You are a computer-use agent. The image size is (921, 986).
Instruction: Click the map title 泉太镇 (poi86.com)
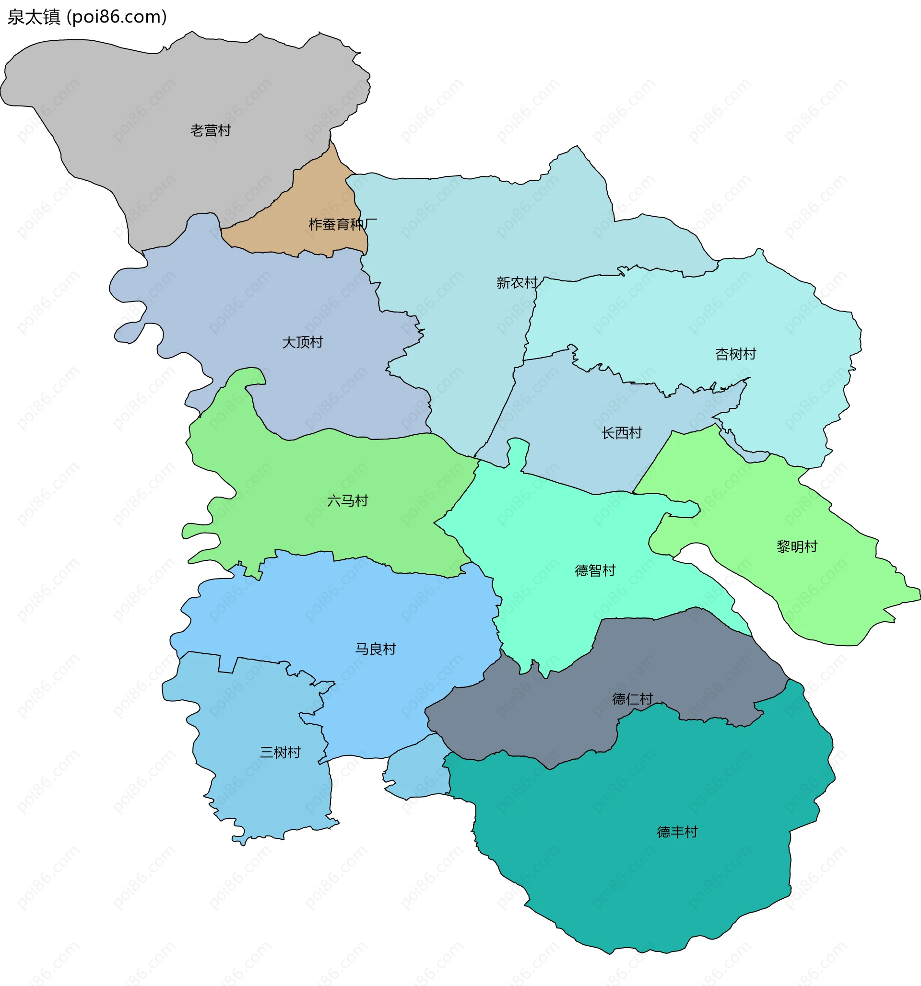pos(87,17)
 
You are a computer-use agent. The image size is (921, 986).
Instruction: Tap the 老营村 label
pos(211,130)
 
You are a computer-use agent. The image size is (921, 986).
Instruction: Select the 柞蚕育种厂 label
pos(342,225)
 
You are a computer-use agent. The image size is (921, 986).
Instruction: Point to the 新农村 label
pos(517,283)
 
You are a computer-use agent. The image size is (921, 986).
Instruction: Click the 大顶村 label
pos(302,342)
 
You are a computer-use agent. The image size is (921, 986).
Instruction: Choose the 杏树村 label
pos(735,354)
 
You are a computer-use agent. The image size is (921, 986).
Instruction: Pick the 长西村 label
pos(621,433)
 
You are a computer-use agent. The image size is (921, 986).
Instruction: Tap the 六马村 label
pos(347,501)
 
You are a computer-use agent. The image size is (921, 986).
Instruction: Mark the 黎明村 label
pos(796,546)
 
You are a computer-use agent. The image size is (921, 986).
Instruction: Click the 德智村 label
pos(594,570)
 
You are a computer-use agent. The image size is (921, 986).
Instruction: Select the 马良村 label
pos(375,649)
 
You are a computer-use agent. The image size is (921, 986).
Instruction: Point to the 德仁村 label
pos(632,699)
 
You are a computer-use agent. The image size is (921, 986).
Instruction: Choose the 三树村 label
pos(280,753)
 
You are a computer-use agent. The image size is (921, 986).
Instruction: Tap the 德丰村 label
pos(677,832)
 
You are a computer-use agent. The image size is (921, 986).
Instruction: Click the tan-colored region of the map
pos(318,198)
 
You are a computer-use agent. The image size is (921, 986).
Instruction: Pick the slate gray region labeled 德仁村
pos(546,719)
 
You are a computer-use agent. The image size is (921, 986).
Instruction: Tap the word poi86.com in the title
pos(117,17)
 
